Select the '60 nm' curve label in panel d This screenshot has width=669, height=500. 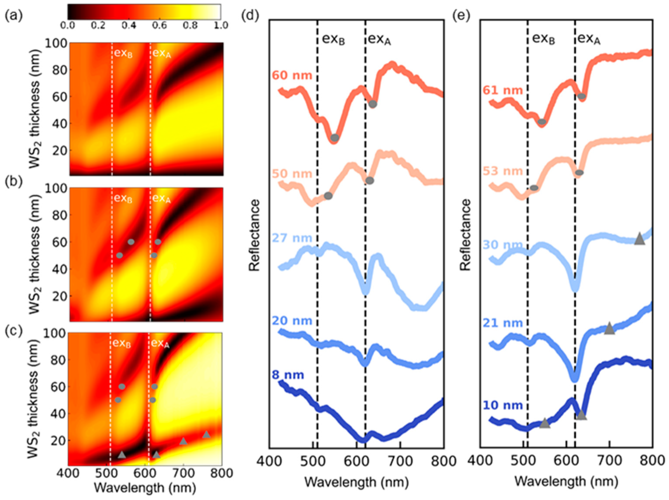(292, 75)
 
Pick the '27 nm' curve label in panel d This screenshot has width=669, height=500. (292, 238)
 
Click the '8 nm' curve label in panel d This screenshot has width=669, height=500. (288, 375)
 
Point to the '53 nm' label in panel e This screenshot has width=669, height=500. (503, 171)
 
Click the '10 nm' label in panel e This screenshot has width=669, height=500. (503, 405)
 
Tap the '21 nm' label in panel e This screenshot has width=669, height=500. (503, 323)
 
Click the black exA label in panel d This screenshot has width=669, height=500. (379, 39)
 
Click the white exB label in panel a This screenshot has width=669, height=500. (123, 53)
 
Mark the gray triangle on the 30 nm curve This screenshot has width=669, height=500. (639, 239)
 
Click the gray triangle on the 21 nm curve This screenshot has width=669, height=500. (609, 328)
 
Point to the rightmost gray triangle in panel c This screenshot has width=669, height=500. (206, 434)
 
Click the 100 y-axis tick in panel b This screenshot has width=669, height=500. (56, 189)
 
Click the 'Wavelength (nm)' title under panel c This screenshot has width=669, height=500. (145, 487)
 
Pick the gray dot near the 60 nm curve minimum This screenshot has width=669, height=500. (334, 138)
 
